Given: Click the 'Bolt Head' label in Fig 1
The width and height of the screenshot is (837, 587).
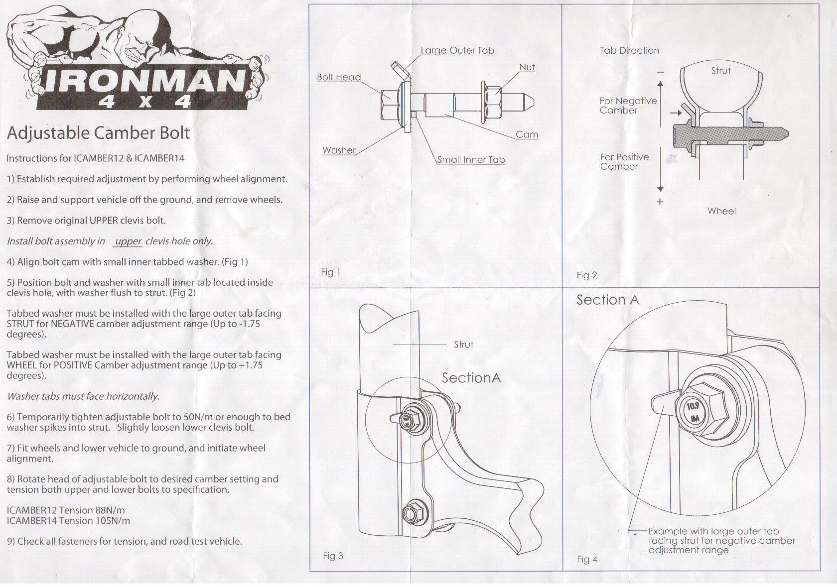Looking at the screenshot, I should click(339, 77).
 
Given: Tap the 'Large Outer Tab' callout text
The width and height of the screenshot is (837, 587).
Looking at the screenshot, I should click(457, 50).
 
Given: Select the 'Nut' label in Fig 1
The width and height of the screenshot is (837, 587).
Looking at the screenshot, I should click(527, 67).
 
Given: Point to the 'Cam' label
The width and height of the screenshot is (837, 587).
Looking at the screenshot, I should click(527, 134).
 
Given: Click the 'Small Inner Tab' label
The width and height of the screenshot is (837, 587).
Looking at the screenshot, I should click(471, 160).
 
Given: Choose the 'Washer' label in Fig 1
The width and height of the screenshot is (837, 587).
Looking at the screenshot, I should click(339, 150).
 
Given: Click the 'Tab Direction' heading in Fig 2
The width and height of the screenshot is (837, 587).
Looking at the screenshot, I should click(629, 50).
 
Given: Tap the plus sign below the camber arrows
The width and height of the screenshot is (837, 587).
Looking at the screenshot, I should click(660, 202).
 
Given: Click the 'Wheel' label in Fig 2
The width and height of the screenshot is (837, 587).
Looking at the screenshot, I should click(721, 211).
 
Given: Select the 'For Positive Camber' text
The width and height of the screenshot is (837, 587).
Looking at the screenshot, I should click(624, 162).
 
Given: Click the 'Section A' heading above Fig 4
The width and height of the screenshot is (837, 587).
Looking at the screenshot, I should click(607, 300).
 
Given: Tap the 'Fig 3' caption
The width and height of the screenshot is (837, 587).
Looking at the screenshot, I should click(333, 556).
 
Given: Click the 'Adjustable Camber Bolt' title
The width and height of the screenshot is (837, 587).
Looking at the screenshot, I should click(98, 133).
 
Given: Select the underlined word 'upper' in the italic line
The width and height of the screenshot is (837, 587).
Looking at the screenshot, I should click(128, 241).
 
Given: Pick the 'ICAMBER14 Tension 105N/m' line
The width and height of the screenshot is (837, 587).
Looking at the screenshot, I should click(68, 521).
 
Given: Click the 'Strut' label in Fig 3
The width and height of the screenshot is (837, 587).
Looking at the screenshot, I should click(463, 345).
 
